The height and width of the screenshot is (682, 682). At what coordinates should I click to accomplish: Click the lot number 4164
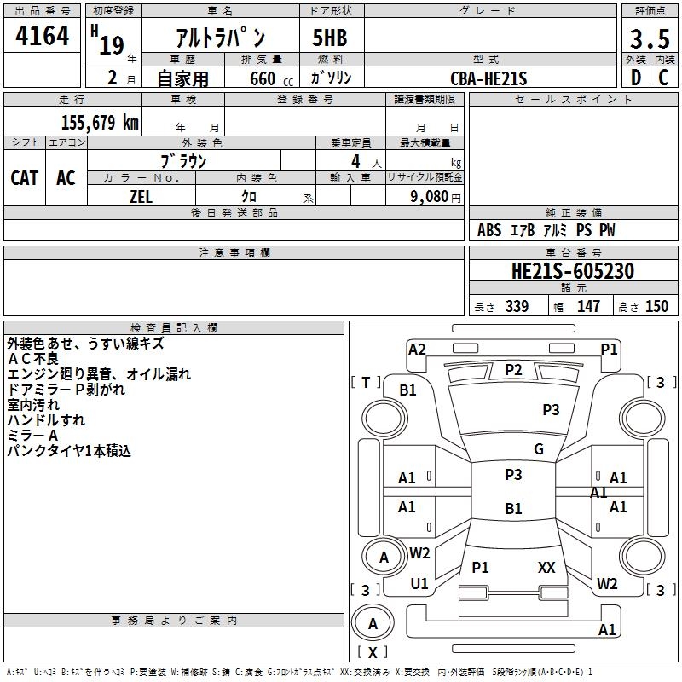[42, 36]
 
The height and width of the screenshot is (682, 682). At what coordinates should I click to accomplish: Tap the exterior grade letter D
[635, 78]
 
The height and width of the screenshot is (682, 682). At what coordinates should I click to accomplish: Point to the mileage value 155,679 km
[100, 122]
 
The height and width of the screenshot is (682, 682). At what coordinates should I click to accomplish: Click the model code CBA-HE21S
[489, 78]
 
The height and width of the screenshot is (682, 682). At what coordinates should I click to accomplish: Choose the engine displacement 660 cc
[260, 78]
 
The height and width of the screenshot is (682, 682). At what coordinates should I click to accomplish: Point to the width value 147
[588, 307]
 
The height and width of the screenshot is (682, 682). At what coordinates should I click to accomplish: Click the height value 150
[656, 307]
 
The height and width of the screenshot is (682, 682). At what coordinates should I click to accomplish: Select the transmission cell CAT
[24, 178]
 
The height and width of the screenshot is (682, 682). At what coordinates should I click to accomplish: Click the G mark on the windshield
[539, 449]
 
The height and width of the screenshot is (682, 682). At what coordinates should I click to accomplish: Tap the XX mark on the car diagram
[546, 567]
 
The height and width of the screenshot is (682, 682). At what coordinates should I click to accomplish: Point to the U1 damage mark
[419, 583]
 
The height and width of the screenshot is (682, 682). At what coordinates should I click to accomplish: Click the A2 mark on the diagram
[417, 349]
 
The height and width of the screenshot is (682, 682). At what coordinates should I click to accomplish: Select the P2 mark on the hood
[513, 369]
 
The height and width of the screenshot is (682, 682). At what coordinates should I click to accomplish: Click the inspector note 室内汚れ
[33, 405]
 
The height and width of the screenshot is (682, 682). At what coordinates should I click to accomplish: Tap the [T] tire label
[366, 382]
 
